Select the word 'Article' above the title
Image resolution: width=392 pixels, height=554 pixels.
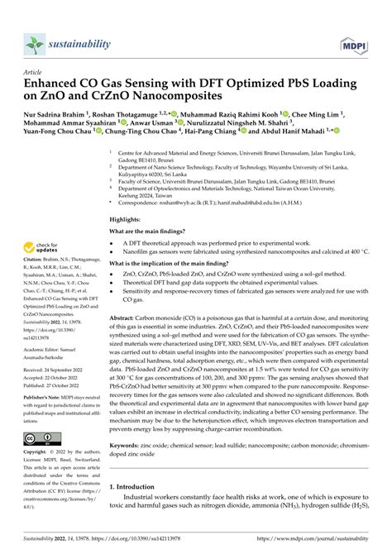point(35,71)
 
